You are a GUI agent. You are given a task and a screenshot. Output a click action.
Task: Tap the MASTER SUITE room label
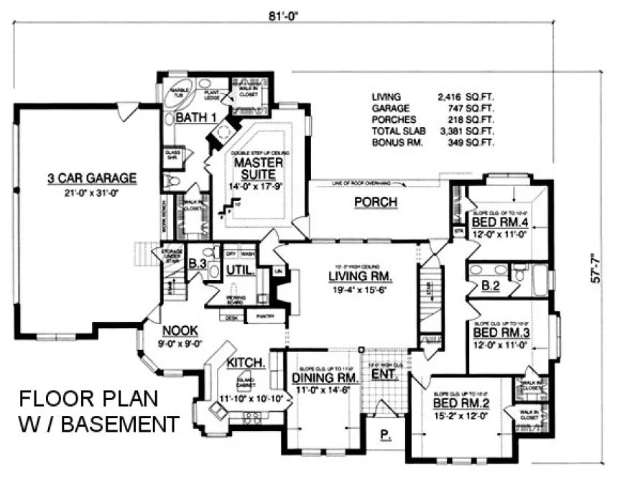tap(259, 169)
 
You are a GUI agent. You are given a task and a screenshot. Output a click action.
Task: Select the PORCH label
tap(376, 203)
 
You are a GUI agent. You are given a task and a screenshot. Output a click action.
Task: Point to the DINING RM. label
tap(325, 378)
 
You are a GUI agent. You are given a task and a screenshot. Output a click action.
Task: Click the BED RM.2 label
tap(462, 404)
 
